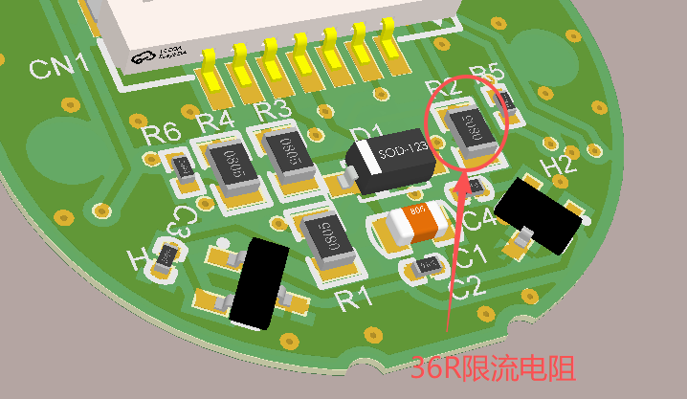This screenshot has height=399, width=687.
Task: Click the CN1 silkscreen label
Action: pyautogui.click(x=58, y=66)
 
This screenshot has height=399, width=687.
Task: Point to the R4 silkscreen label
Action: pyautogui.click(x=214, y=122)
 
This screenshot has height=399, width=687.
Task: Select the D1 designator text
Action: pyautogui.click(x=367, y=132)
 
